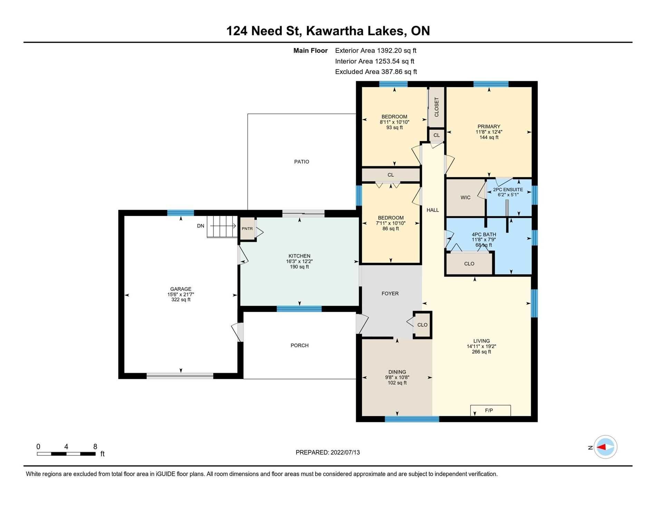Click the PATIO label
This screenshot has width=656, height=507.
tap(301, 162)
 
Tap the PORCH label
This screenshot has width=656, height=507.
tap(299, 345)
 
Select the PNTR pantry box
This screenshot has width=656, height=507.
tap(248, 229)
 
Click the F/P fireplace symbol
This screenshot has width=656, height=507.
tap(490, 410)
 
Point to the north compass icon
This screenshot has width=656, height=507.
tap(605, 447)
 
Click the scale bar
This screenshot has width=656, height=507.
tap(66, 454)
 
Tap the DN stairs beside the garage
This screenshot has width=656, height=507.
tap(223, 227)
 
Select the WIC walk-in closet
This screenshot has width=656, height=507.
tap(466, 198)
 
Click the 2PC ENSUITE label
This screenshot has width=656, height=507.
tap(508, 190)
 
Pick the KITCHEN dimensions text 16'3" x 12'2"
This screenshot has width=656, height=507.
tap(299, 261)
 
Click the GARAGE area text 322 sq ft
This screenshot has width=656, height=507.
tap(181, 300)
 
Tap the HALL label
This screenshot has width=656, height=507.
tap(433, 210)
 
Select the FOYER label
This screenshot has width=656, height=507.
tap(390, 294)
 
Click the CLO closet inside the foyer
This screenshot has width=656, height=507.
tap(422, 325)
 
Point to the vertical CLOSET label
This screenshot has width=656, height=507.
tap(436, 107)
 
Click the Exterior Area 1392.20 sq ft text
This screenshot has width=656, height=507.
tap(376, 51)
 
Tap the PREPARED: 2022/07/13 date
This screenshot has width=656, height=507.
tap(328, 452)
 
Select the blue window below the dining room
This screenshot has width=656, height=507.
tap(412, 419)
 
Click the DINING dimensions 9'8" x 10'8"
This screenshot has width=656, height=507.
tap(397, 377)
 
